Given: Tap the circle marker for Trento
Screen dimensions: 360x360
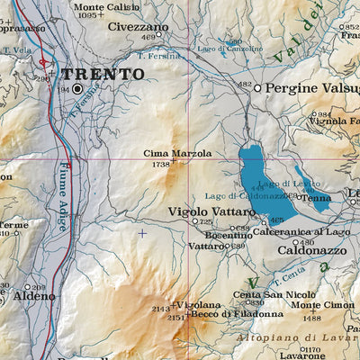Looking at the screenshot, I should (x=77, y=90).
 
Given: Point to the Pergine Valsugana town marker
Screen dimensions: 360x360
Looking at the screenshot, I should (x=256, y=88).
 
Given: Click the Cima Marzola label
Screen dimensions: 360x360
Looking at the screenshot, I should (x=177, y=154).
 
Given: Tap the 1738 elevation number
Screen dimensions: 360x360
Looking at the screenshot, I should (x=161, y=165).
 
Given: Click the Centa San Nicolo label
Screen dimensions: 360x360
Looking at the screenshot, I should (x=266, y=294).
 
